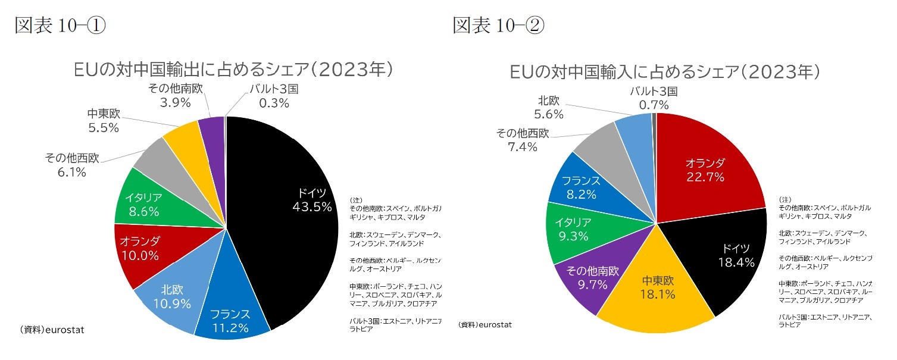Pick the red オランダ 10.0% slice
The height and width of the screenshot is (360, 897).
140,248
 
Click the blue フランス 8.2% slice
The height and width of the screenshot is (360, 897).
580,187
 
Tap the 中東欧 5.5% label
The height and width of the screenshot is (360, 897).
104,121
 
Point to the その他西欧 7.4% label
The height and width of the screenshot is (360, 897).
523,140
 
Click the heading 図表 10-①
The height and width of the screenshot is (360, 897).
60,26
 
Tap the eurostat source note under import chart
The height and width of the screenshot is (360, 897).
485,325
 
